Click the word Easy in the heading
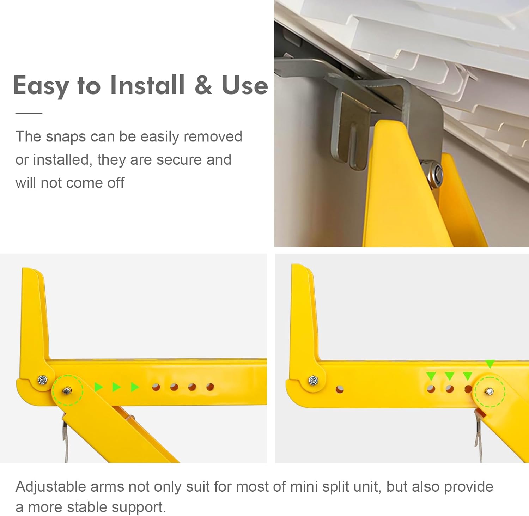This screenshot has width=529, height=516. point(41,86)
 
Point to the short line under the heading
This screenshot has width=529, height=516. point(29,113)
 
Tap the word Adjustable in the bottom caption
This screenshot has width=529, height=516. point(50,487)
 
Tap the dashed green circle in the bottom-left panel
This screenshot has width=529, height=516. point(67,390)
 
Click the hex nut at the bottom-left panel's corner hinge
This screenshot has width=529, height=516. point(43,380)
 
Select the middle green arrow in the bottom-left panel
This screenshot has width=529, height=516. point(116,387)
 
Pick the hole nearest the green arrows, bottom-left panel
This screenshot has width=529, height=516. point(156,387)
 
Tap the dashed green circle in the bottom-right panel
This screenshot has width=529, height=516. point(490,391)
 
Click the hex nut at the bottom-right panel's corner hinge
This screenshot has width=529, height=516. point(313,380)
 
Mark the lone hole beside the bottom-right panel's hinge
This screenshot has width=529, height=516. point(340,389)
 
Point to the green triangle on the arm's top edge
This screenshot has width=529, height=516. point(490,364)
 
